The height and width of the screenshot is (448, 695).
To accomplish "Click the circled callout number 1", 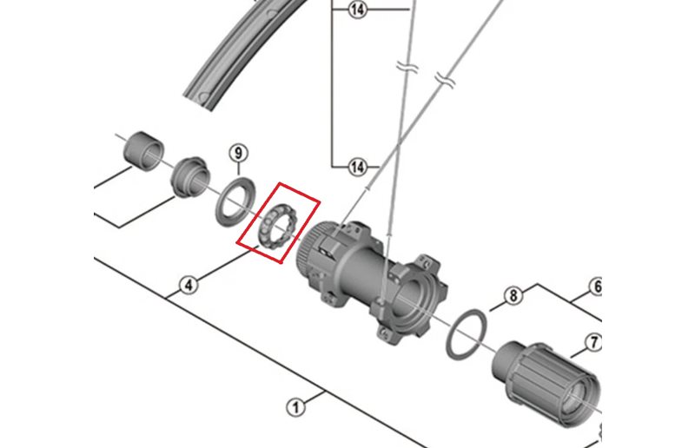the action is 295,407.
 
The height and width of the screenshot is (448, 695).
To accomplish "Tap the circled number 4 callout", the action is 189,285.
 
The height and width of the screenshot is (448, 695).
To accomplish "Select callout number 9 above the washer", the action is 238,154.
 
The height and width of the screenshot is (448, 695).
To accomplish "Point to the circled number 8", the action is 513,295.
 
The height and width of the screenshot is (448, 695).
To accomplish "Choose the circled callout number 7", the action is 593,342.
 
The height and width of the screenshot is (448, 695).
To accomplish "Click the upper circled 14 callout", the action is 357,10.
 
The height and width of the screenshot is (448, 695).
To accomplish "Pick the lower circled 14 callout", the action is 357,167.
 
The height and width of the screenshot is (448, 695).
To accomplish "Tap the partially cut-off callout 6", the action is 596,287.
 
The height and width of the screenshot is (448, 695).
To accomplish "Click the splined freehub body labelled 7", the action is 547,381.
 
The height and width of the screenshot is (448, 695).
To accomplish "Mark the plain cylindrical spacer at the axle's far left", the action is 142,151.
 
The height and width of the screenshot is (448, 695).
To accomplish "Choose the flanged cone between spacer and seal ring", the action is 189,177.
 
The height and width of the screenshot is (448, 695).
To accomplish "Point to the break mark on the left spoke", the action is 407,69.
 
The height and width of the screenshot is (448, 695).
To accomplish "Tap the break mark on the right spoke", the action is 444,80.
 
